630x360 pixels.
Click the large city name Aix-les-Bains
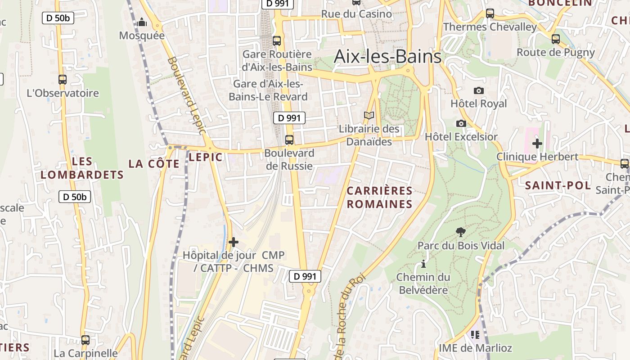pyautogui.click(x=387, y=57)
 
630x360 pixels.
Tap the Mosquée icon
pyautogui.click(x=142, y=22)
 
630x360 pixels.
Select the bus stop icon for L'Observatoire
pyautogui.click(x=63, y=80)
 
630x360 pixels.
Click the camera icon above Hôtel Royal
pyautogui.click(x=479, y=90)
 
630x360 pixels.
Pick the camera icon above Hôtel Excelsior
pyautogui.click(x=461, y=123)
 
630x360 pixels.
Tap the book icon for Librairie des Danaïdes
pyautogui.click(x=369, y=116)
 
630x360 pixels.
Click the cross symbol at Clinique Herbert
pyautogui.click(x=537, y=144)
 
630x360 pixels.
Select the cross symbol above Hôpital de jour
pyautogui.click(x=233, y=242)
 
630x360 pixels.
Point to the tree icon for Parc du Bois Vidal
pyautogui.click(x=460, y=232)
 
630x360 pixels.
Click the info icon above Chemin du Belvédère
pyautogui.click(x=423, y=264)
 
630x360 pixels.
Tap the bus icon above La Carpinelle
pyautogui.click(x=85, y=340)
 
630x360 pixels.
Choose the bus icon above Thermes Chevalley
pyautogui.click(x=490, y=13)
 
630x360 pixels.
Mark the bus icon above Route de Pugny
pyautogui.click(x=556, y=39)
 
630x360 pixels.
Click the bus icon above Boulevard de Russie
pyautogui.click(x=289, y=139)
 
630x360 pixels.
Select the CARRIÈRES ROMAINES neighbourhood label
pyautogui.click(x=379, y=198)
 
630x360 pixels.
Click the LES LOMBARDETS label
pyautogui.click(x=82, y=168)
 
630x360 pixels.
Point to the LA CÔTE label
pyautogui.click(x=154, y=164)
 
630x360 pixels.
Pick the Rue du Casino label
pyautogui.click(x=356, y=14)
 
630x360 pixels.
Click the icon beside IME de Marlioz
pyautogui.click(x=475, y=335)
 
